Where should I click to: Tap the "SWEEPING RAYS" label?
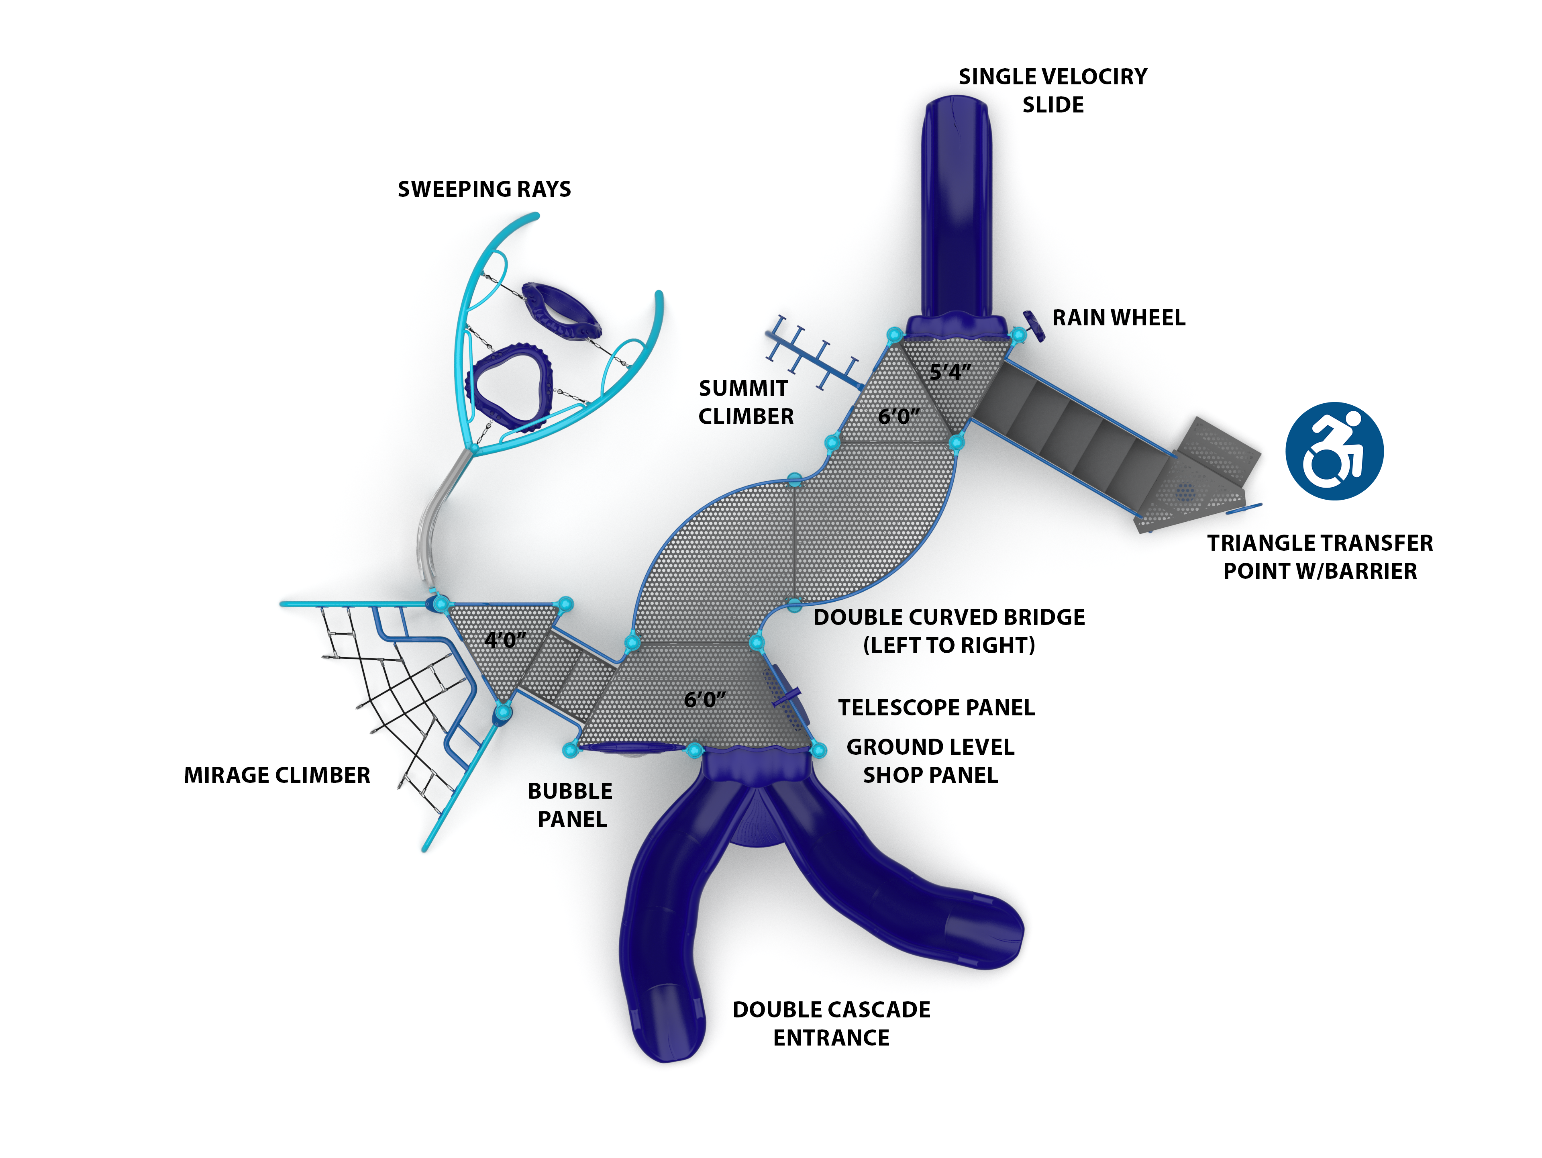pyautogui.click(x=484, y=189)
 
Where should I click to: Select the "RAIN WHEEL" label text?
pyautogui.click(x=1118, y=318)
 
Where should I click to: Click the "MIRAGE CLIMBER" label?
pyautogui.click(x=277, y=775)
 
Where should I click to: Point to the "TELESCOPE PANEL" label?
pyautogui.click(x=936, y=708)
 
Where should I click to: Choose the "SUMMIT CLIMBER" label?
pyautogui.click(x=745, y=402)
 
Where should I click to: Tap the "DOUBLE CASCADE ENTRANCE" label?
pyautogui.click(x=831, y=1023)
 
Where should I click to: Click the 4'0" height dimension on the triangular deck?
pyautogui.click(x=506, y=640)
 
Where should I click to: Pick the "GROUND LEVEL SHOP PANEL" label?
pyautogui.click(x=930, y=761)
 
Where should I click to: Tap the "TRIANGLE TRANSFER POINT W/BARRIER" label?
pyautogui.click(x=1320, y=556)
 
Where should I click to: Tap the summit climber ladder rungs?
pyautogui.click(x=812, y=352)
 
